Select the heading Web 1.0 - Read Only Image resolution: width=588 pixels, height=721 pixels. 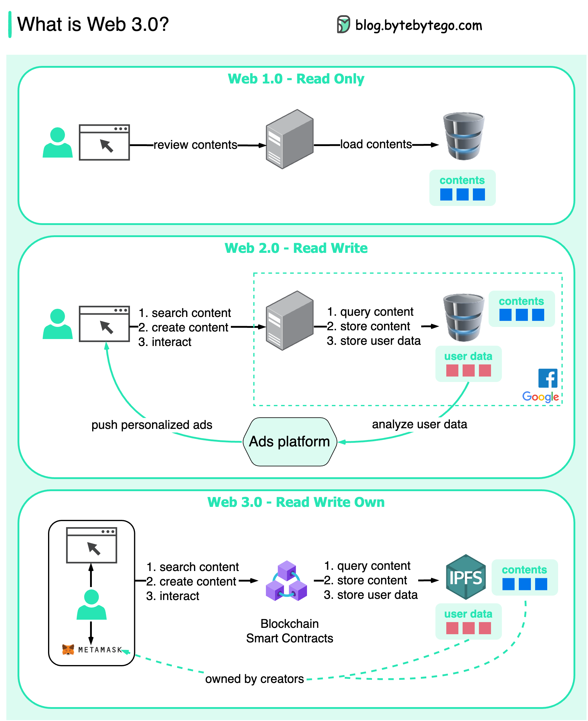click(296, 79)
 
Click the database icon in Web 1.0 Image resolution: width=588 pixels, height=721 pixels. click(463, 136)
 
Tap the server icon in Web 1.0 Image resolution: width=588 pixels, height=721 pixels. click(289, 139)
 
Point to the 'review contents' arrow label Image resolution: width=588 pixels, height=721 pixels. click(195, 145)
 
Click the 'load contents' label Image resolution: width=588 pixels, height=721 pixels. click(376, 144)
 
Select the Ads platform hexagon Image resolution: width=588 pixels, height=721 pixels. click(289, 442)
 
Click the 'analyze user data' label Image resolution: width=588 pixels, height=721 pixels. click(419, 424)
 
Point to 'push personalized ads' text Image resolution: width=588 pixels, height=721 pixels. click(152, 425)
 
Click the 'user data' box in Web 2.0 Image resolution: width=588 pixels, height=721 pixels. click(468, 364)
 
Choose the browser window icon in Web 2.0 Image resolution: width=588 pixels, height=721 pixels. click(104, 324)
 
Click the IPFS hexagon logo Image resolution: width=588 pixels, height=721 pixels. click(466, 577)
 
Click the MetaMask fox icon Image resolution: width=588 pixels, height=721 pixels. click(68, 650)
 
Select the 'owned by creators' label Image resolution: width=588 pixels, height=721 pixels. click(254, 679)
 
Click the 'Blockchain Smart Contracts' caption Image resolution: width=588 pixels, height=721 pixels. click(289, 631)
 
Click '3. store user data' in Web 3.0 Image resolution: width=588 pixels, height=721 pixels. click(370, 595)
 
